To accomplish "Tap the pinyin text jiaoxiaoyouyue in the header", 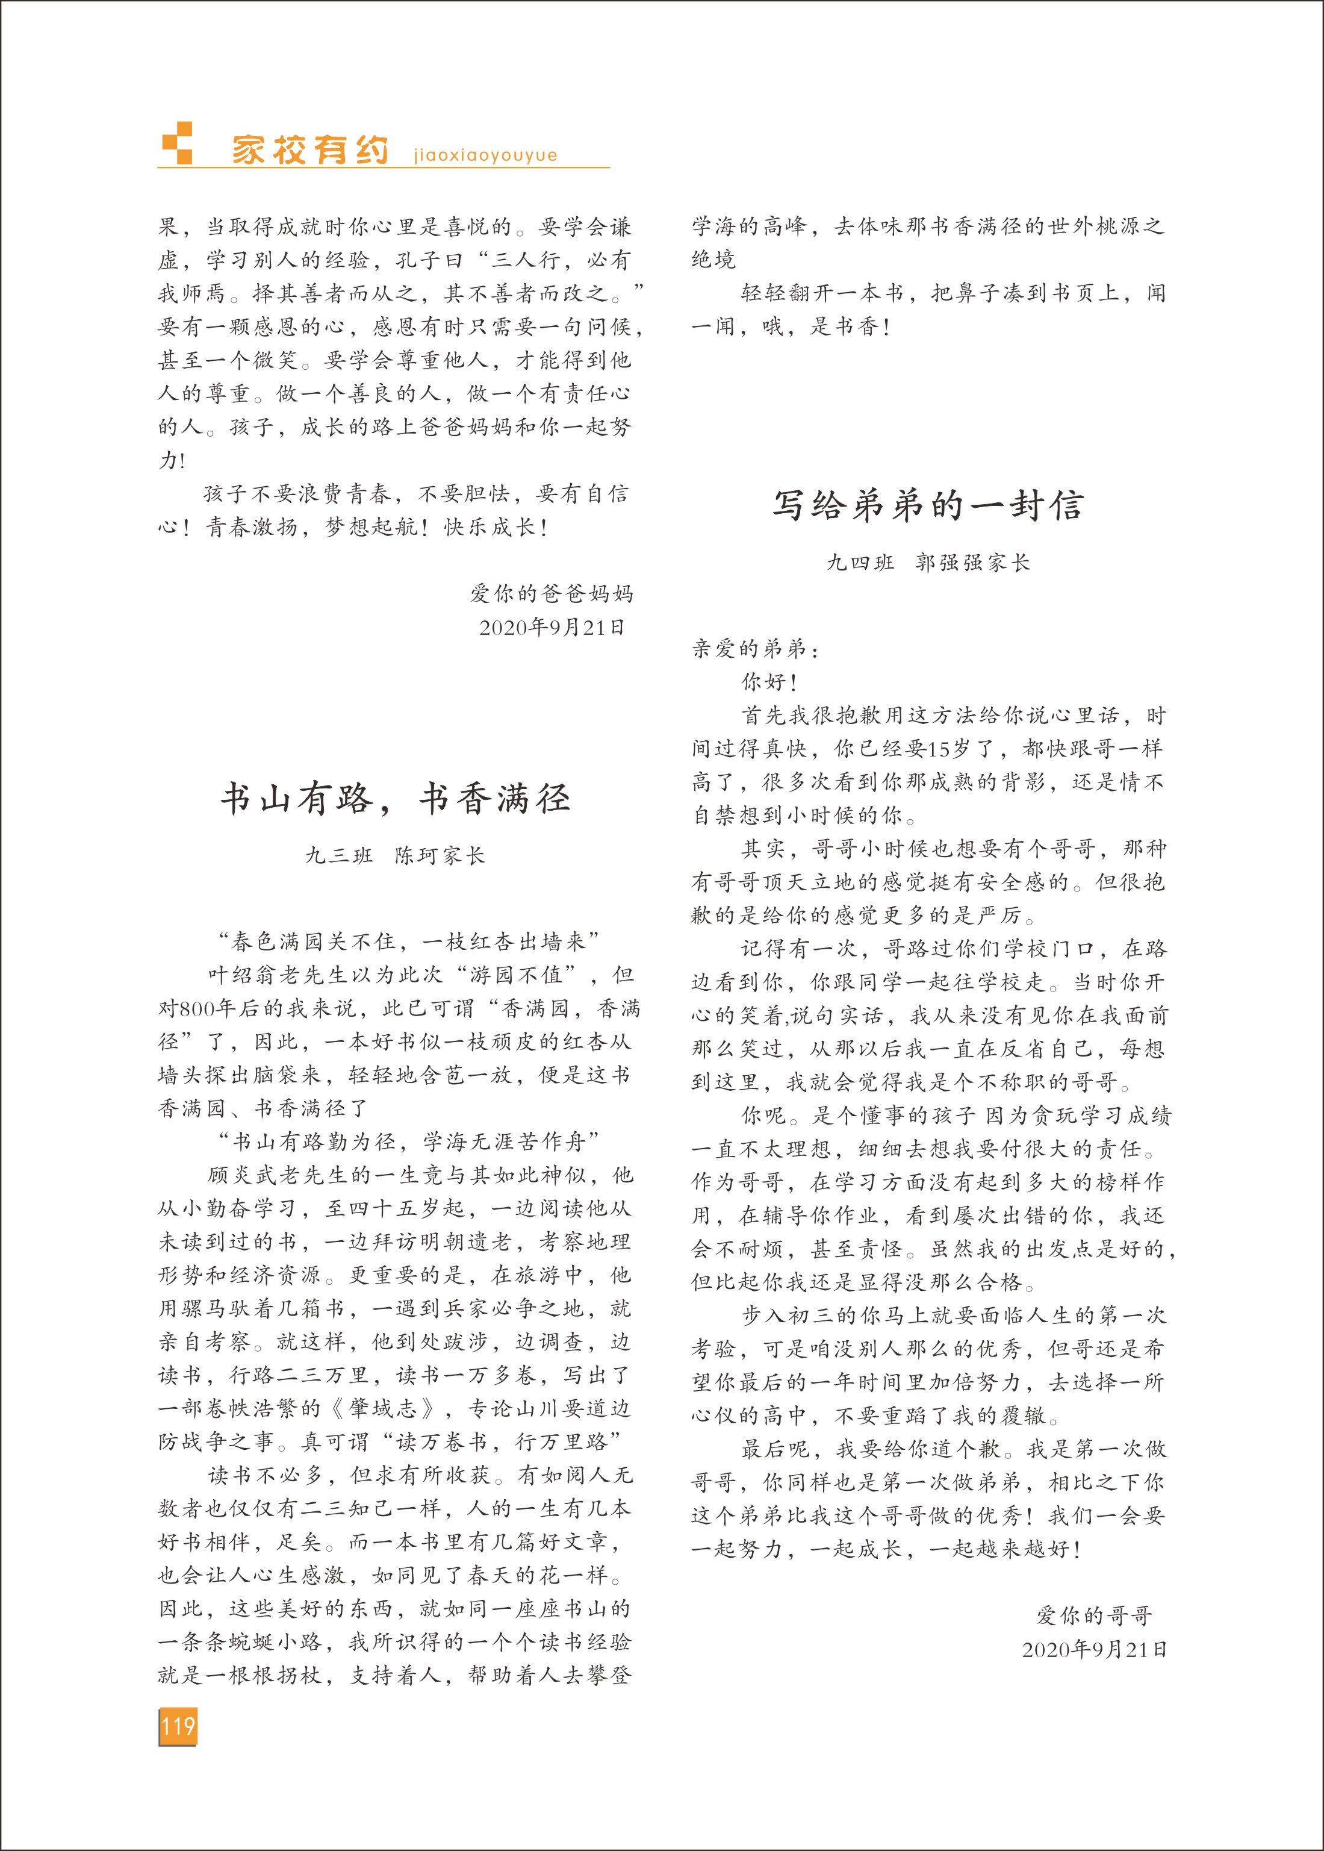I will pyautogui.click(x=485, y=155).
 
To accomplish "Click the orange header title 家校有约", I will pyautogui.click(x=310, y=150).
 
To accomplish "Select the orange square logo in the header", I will pyautogui.click(x=178, y=143).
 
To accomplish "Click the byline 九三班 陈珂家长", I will pyautogui.click(x=396, y=855).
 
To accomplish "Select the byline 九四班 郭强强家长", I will pyautogui.click(x=928, y=562).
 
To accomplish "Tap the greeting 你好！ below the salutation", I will pyautogui.click(x=769, y=682).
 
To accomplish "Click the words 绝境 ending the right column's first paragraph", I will pyautogui.click(x=714, y=260).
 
